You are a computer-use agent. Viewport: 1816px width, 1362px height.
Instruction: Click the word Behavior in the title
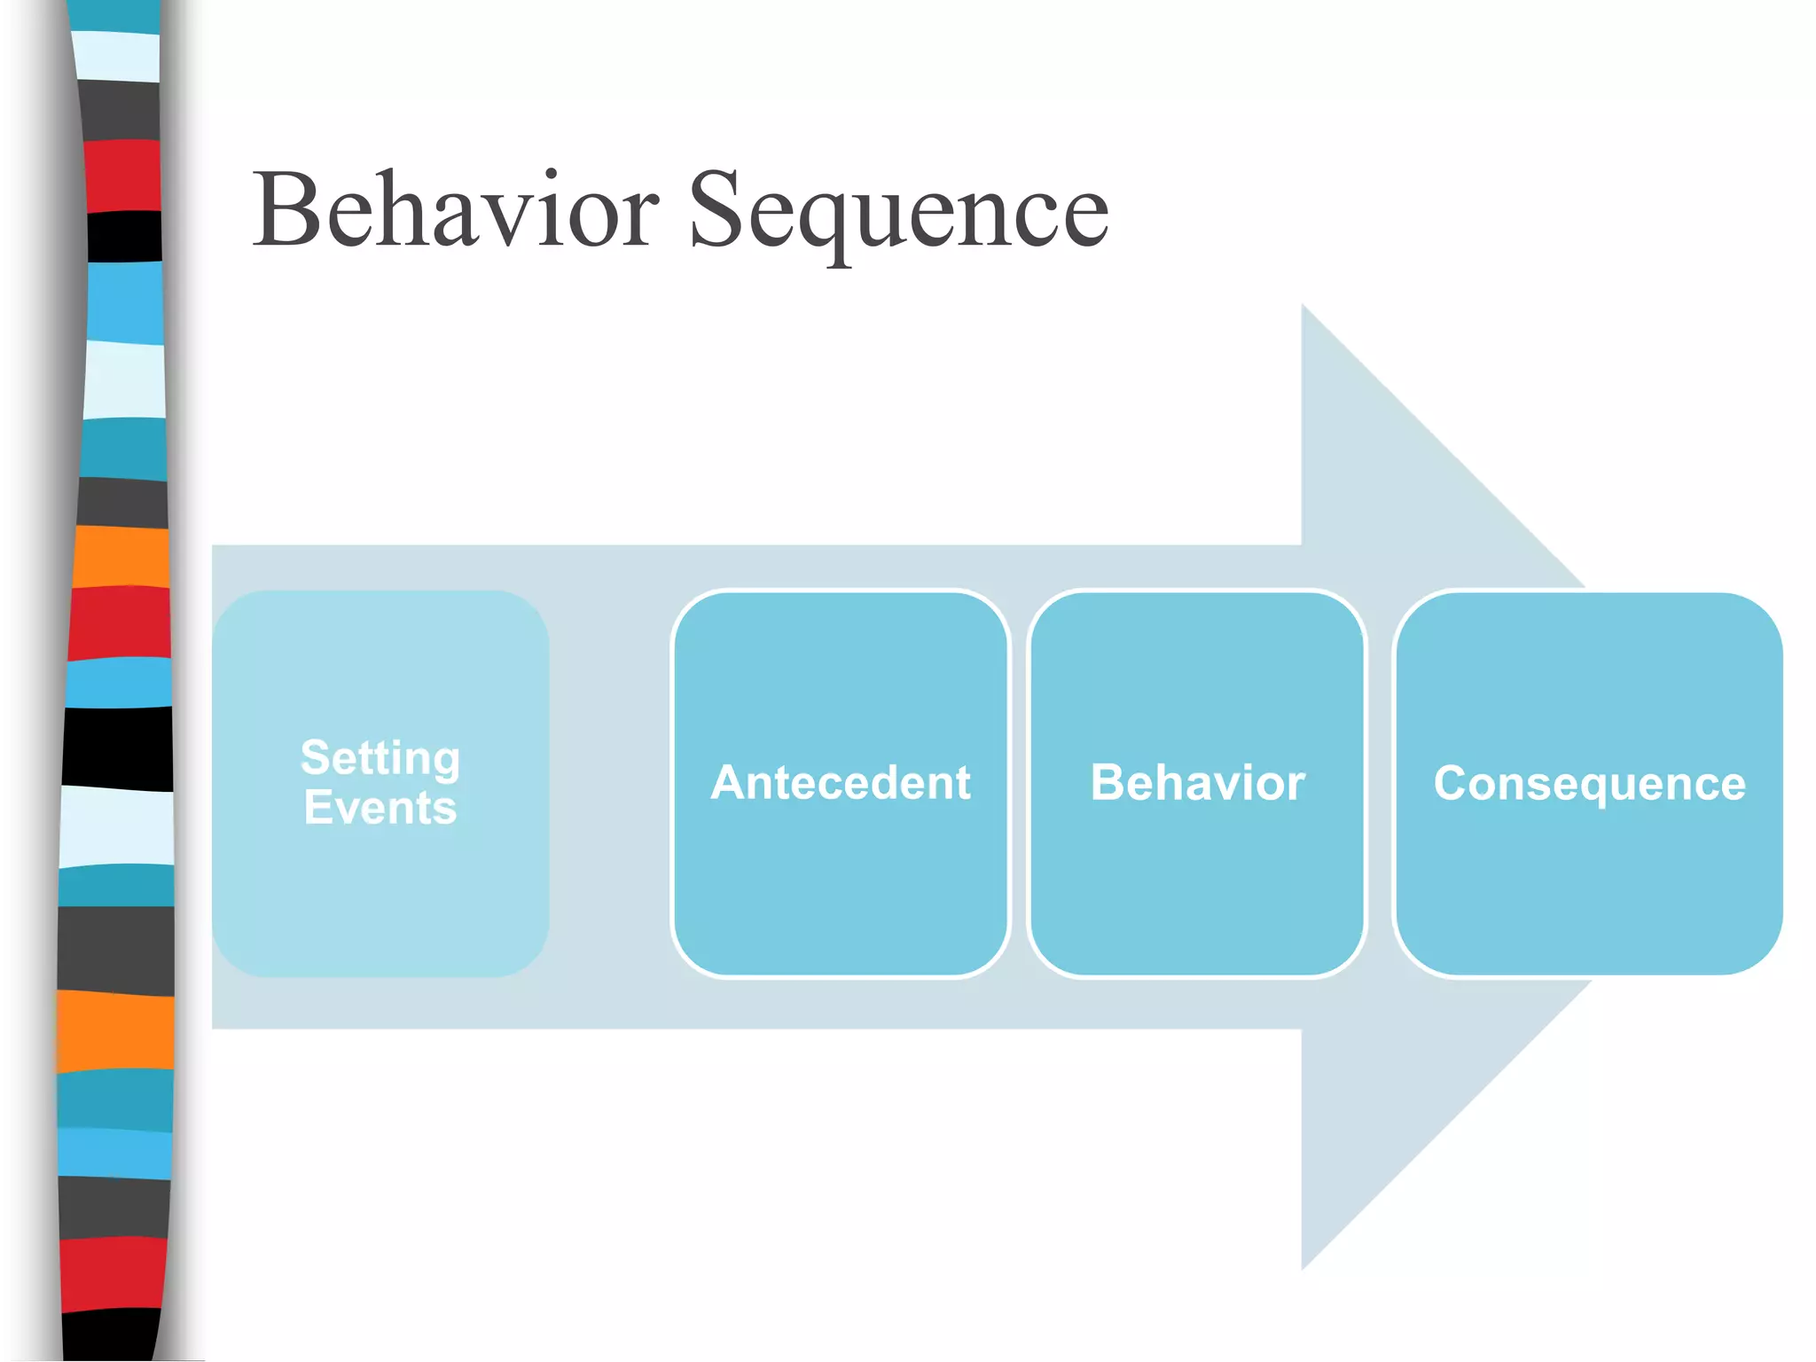[x=456, y=211]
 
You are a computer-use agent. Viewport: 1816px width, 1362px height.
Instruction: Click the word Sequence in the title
[x=897, y=211]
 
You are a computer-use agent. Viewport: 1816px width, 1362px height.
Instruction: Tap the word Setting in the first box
[x=380, y=758]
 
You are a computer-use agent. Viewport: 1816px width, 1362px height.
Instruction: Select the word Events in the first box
[x=380, y=807]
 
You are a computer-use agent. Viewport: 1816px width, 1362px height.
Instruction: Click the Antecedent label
[x=840, y=783]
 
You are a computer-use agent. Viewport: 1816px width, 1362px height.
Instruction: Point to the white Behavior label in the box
[x=1197, y=783]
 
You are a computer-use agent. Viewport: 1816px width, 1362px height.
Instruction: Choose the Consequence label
[x=1589, y=784]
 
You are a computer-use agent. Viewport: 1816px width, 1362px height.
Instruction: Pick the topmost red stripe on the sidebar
[x=122, y=176]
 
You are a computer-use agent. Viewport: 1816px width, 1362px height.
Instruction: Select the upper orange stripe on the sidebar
[x=121, y=556]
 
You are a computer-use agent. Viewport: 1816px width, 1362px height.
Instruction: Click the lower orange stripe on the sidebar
[x=115, y=1030]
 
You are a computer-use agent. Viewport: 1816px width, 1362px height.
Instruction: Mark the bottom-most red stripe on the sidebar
[x=113, y=1274]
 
